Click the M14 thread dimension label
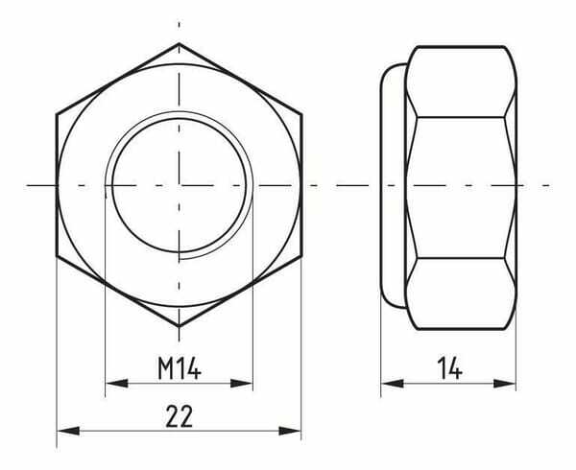click(180, 367)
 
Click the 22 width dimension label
click(180, 416)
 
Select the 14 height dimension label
click(449, 368)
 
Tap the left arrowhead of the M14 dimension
click(117, 384)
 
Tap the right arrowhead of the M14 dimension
click(242, 384)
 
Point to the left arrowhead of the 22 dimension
click(68, 431)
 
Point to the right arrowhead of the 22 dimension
click(290, 431)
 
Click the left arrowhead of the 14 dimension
click(393, 384)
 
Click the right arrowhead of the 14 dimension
click(505, 384)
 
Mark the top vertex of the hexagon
click(179, 44)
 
